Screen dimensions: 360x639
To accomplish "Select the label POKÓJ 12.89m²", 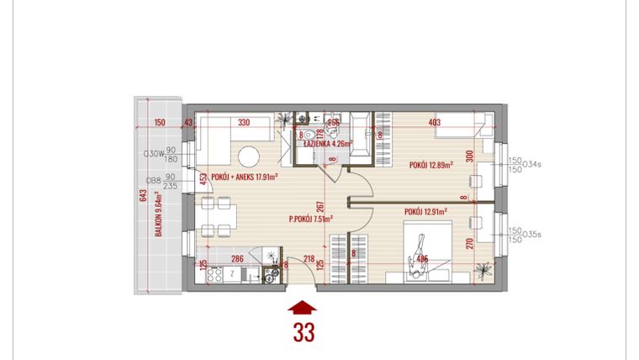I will point(431,165).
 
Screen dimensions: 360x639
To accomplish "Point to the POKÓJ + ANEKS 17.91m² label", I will point(245,177).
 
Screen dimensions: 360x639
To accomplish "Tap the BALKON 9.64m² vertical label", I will point(158,225).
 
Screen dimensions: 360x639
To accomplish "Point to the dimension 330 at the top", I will point(244,123).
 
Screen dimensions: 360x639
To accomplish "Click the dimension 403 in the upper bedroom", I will point(435,123).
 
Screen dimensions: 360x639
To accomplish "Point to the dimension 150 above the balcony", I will point(160,123).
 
